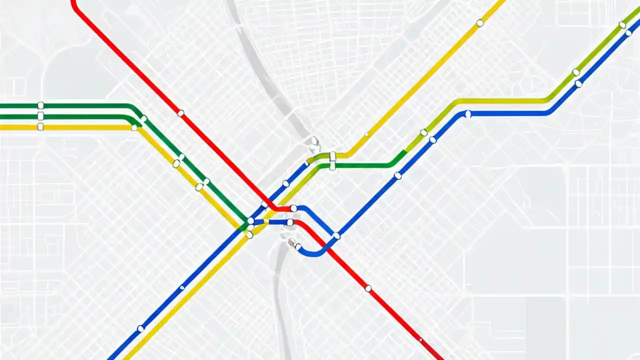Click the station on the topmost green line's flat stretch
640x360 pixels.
tap(40, 105)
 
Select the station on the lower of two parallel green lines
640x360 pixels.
tap(40, 116)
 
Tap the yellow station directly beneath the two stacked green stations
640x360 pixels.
tap(40, 127)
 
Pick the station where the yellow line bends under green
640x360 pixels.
tap(134, 127)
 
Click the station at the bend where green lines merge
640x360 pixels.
tap(143, 119)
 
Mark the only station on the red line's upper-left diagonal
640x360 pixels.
tap(180, 113)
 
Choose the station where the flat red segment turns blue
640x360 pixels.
tap(293, 208)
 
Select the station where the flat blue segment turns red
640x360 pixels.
tap(289, 222)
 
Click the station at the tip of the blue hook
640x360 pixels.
tap(297, 246)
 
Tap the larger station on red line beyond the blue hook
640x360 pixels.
tap(368, 288)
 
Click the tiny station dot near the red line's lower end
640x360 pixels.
tap(420, 340)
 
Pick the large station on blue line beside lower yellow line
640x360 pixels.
tap(140, 328)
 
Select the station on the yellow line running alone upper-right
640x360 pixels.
tap(479, 23)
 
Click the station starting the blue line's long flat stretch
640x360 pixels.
tap(468, 114)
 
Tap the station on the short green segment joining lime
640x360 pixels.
tap(332, 165)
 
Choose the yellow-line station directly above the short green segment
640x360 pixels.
tap(332, 156)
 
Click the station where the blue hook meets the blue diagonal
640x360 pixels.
tap(336, 235)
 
